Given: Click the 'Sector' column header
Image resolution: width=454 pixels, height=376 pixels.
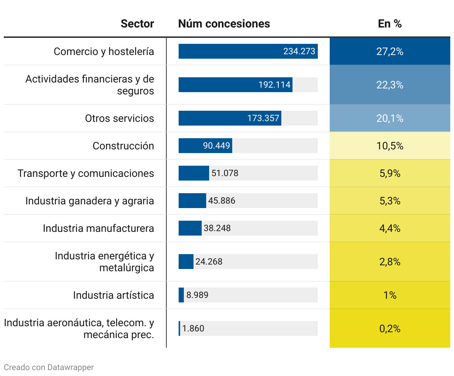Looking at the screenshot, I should tap(137, 24).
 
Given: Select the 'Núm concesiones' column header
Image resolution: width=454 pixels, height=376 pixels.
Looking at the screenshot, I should tap(224, 24).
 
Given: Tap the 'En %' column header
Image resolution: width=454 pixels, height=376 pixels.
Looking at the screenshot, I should tap(390, 24).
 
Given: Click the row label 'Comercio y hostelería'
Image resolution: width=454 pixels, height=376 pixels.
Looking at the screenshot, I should tap(104, 51).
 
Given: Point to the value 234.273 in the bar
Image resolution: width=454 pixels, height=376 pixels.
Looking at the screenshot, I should tap(299, 51).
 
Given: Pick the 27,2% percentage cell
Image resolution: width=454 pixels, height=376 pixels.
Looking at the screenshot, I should tap(390, 51).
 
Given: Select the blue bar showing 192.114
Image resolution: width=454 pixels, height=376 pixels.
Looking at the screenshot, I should tap(235, 85).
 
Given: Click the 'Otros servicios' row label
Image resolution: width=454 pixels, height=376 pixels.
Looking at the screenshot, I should tap(119, 118).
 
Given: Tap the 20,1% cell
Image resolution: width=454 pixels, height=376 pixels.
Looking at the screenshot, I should tap(390, 118).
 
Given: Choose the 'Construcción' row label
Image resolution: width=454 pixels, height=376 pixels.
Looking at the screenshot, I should tap(123, 146).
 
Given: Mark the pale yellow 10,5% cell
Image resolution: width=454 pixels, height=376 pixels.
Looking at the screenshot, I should tap(390, 146).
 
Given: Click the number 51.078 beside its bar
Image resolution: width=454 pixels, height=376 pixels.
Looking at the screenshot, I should tap(225, 173).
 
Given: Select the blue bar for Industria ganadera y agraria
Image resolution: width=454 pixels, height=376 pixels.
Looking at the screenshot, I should tap(192, 201).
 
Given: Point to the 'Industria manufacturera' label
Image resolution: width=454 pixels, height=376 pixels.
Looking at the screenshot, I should tap(98, 228).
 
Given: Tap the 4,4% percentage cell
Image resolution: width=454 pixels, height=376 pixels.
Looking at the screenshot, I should tap(390, 228).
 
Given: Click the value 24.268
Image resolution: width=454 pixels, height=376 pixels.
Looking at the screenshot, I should tap(209, 262).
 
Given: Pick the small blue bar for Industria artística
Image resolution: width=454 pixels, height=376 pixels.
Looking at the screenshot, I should tap(181, 295).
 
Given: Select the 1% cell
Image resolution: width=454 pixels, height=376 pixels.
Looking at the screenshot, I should tap(390, 295).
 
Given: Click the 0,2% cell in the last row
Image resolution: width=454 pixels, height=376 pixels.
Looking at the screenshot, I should tap(390, 328).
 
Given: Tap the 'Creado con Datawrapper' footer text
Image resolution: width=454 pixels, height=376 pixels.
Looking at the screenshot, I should tap(49, 367).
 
